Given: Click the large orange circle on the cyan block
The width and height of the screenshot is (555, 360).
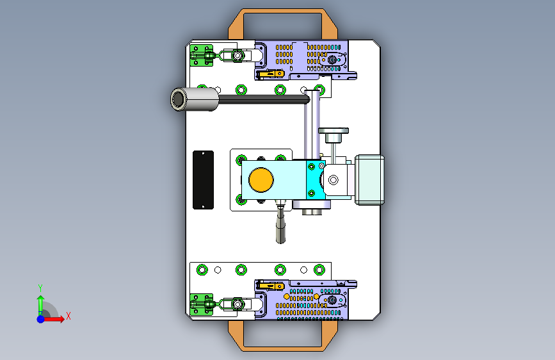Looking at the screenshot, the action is pos(261,179).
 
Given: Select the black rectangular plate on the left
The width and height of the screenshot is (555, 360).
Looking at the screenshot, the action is pos(203,180).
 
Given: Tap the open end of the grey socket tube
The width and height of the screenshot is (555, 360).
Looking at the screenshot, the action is pos(179,99).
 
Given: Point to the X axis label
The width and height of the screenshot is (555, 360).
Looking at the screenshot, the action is pos(68,316).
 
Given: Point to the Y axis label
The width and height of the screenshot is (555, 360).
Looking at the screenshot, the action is pos(40,288).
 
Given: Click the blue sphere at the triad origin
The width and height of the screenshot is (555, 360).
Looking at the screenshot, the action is pos(41,319).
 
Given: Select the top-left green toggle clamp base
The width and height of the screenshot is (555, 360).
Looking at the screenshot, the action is pos(202,55).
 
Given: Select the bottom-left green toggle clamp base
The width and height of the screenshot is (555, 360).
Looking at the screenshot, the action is pos(202,304).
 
